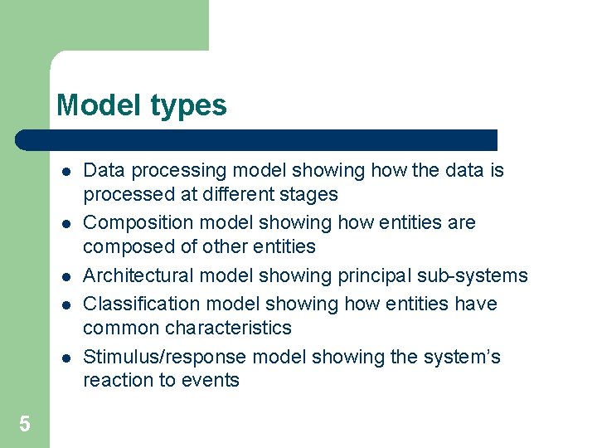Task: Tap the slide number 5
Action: tap(25, 425)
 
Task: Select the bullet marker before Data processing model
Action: tap(65, 172)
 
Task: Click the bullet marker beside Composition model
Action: tap(65, 224)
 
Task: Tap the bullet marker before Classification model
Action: tap(65, 305)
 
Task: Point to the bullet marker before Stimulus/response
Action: tap(65, 358)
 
